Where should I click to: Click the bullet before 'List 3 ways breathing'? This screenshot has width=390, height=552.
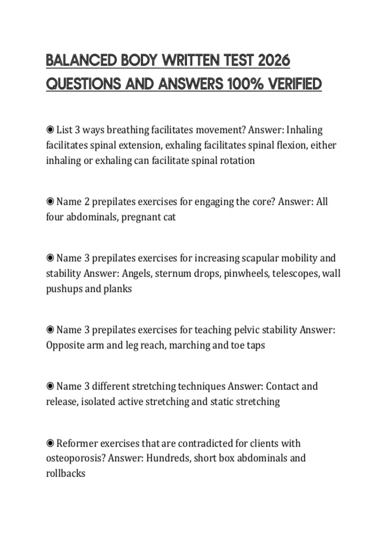click(50, 130)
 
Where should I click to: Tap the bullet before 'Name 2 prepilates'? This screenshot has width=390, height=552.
click(50, 202)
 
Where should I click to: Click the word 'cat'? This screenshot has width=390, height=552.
click(169, 217)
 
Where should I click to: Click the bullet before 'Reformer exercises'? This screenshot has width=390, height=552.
click(50, 443)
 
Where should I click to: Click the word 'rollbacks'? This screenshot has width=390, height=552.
click(66, 473)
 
